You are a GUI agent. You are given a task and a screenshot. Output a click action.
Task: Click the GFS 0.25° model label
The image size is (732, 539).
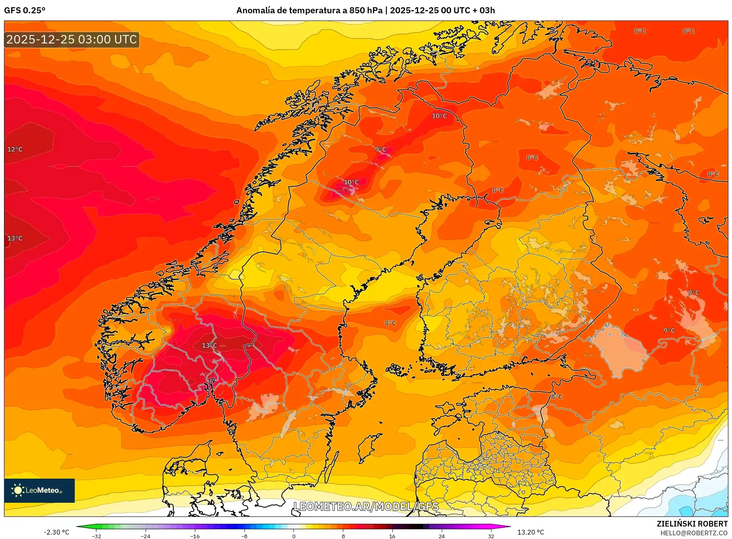(25, 10)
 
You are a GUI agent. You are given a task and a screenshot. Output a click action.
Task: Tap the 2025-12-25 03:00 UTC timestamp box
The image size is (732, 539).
(72, 39)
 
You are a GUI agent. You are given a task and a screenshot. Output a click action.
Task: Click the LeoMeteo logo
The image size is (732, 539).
(39, 490)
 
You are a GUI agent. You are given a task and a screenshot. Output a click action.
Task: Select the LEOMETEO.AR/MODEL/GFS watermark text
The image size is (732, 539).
(366, 506)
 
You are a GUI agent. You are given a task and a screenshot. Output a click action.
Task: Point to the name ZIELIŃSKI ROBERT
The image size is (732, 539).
(692, 524)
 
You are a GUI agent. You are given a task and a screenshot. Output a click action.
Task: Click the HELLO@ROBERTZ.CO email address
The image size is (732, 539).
(693, 533)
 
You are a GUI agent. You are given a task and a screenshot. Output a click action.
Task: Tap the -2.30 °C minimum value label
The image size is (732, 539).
(56, 532)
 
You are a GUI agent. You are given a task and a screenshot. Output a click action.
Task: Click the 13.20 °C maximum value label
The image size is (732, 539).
(530, 532)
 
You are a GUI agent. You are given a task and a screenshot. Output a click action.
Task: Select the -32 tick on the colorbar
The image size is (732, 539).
(96, 536)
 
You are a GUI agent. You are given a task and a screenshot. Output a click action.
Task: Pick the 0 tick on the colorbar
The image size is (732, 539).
(293, 536)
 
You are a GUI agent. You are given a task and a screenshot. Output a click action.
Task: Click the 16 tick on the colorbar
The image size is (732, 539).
(392, 536)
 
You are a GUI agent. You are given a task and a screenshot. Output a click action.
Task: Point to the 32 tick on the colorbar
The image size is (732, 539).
(491, 536)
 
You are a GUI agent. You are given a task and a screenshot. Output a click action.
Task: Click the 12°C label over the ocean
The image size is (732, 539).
(15, 149)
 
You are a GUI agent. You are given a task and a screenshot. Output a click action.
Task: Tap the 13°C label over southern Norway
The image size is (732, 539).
(209, 345)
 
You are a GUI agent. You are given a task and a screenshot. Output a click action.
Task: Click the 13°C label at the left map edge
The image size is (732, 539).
(15, 238)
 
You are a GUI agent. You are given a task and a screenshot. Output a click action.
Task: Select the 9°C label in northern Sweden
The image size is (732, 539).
(380, 149)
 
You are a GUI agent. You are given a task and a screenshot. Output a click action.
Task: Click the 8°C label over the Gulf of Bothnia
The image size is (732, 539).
(390, 323)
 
